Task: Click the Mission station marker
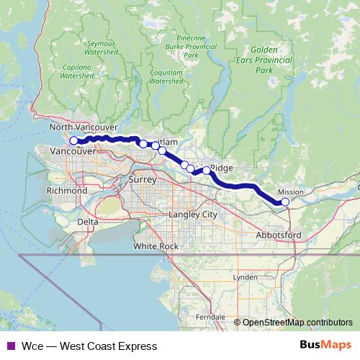click(x=285, y=202)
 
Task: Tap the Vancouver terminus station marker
click(x=73, y=140)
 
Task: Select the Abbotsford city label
click(x=279, y=235)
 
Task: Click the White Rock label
click(x=156, y=246)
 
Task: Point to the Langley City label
click(x=192, y=215)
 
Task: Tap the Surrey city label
click(x=143, y=179)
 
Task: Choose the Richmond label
click(x=66, y=192)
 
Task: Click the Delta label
click(x=87, y=222)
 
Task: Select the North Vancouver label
click(x=78, y=127)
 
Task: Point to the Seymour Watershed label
click(x=101, y=48)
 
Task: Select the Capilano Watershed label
click(x=77, y=70)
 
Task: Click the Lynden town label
click(x=245, y=276)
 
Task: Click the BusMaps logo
click(x=325, y=346)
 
